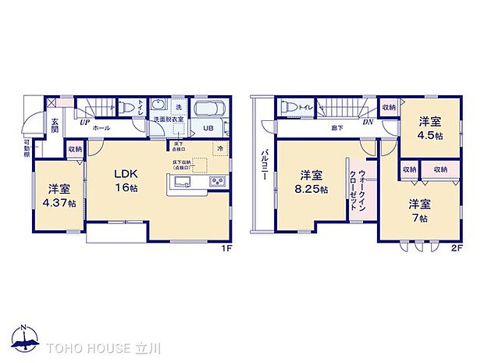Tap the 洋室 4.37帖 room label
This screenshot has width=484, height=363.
(60, 196)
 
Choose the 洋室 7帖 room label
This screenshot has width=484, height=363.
(419, 208)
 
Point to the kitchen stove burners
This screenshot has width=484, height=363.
(216, 183)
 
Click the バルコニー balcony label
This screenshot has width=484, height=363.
(265, 165)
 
